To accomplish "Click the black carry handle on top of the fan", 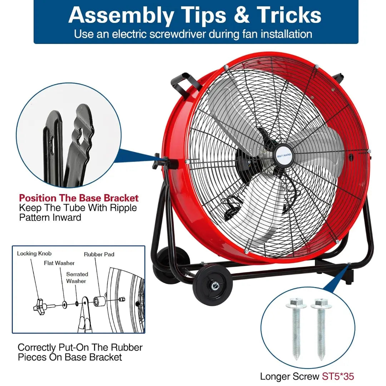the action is coord(185,84).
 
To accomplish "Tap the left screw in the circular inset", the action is coord(296,329).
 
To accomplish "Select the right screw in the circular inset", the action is coord(321,329).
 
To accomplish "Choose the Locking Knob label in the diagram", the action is coord(34,253).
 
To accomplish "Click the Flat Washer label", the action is coord(59,263).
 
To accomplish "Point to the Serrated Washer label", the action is coord(77,278).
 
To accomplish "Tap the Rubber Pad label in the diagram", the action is coord(99,254).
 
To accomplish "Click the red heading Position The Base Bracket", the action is coord(79,198).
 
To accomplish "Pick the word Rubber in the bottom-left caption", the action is coord(127,347).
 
